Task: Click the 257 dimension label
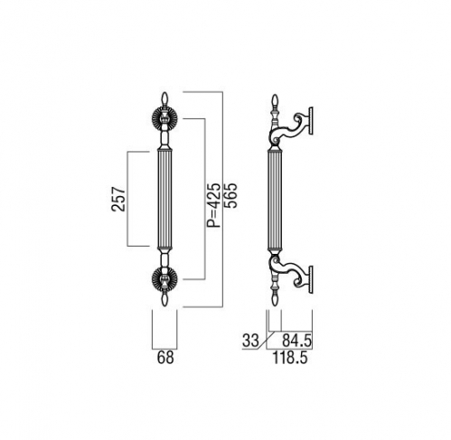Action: click(x=118, y=199)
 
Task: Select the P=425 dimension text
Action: click(x=214, y=205)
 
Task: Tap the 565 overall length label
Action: click(x=231, y=195)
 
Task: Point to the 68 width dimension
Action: click(x=165, y=358)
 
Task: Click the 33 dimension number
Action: click(x=250, y=341)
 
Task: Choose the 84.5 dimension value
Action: click(x=296, y=341)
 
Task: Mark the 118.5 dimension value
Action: click(x=290, y=358)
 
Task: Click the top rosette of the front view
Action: click(x=164, y=119)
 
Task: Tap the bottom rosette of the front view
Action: click(x=164, y=279)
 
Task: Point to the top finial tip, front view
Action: click(x=164, y=93)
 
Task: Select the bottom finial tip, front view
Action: click(x=164, y=305)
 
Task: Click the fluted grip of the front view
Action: click(x=164, y=199)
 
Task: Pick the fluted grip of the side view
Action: click(x=275, y=199)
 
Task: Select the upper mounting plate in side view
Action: click(x=311, y=120)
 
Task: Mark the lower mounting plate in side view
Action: click(x=311, y=279)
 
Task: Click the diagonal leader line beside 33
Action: click(x=267, y=341)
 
